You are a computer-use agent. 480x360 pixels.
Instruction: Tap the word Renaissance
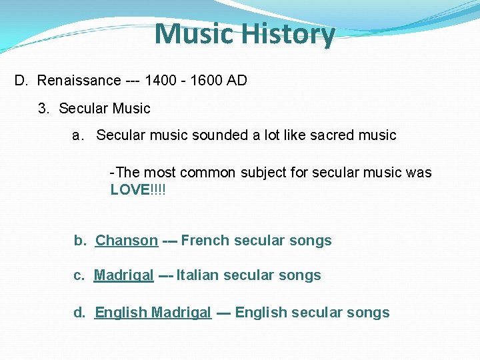[79, 81]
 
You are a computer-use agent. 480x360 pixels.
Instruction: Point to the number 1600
[206, 81]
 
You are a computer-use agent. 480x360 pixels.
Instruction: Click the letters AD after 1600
[237, 81]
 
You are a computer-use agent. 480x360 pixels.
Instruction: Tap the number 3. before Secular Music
[45, 108]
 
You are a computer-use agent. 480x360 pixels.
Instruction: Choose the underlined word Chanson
[127, 241]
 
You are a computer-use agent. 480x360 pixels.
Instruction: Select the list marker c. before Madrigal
[79, 275]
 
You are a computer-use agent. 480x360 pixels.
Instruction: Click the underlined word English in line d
[121, 313]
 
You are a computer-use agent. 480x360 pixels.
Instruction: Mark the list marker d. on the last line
[80, 313]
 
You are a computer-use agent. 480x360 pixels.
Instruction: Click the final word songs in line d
[370, 313]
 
